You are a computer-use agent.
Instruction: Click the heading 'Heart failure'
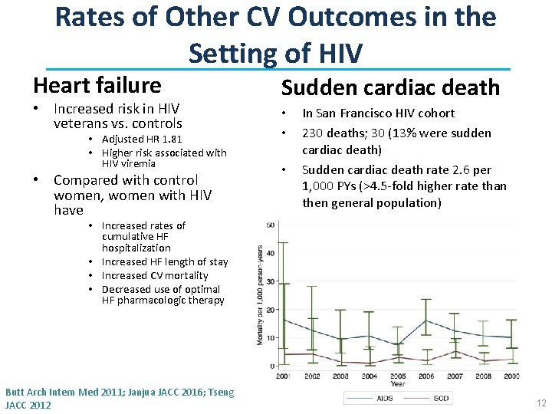point(97,85)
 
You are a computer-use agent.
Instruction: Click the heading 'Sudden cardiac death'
point(390,87)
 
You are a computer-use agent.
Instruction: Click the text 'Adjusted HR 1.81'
point(142,139)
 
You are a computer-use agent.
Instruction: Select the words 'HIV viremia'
point(129,163)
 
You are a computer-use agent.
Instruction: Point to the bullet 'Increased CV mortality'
point(155,275)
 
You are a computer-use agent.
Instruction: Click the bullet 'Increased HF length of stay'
point(165,261)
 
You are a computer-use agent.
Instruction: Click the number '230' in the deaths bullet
point(314,133)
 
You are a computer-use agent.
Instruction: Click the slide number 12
point(541,403)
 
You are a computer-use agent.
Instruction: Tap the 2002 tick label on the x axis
point(312,376)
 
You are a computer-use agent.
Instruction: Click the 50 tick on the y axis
point(271,225)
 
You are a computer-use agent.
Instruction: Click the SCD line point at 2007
point(456,351)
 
